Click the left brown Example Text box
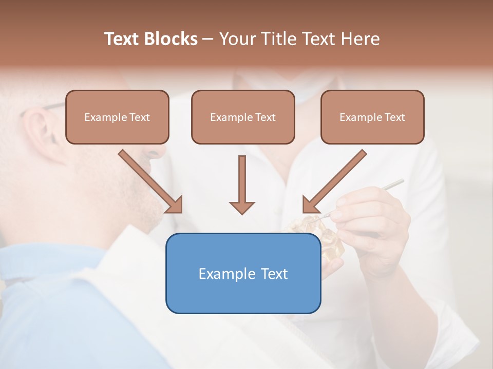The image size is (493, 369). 117,117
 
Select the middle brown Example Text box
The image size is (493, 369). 243,117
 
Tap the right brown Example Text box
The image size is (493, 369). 372,117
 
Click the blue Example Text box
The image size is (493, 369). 243,273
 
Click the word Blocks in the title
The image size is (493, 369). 172,39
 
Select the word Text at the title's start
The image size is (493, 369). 123,39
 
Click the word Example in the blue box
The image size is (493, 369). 226,274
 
